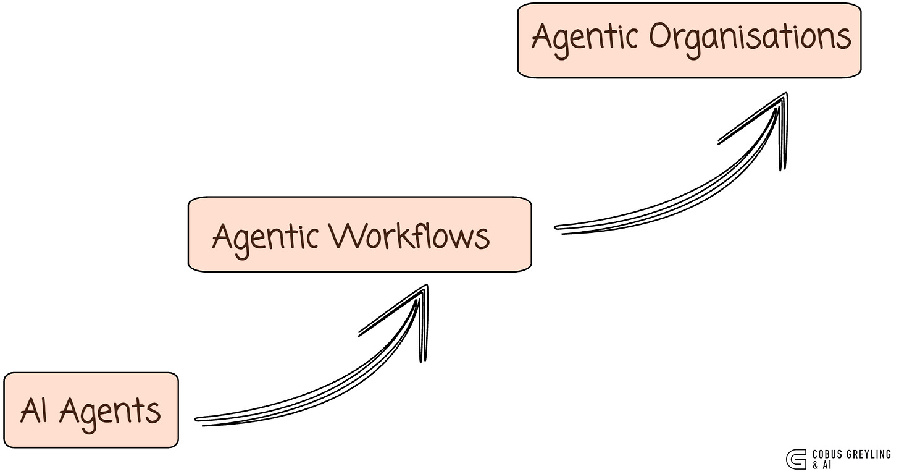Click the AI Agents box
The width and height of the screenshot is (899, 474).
coord(91,410)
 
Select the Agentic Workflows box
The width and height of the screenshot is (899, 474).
coord(359,234)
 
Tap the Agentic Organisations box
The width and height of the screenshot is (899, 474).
coord(688,40)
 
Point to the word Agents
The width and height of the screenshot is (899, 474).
coord(110,412)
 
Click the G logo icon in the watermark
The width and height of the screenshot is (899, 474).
coord(795,459)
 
